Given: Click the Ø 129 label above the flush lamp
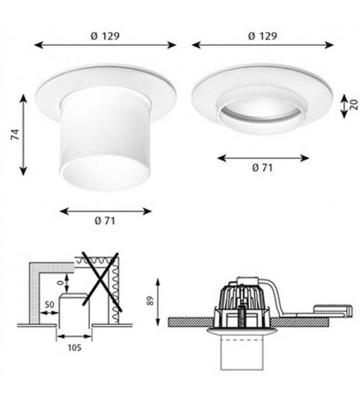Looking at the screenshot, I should click(x=262, y=36).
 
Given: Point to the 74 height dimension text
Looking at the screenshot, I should click(x=14, y=134).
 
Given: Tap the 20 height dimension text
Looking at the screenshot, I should click(x=354, y=105).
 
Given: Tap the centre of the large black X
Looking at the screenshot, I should click(x=95, y=282).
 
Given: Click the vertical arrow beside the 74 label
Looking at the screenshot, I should click(x=24, y=134).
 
